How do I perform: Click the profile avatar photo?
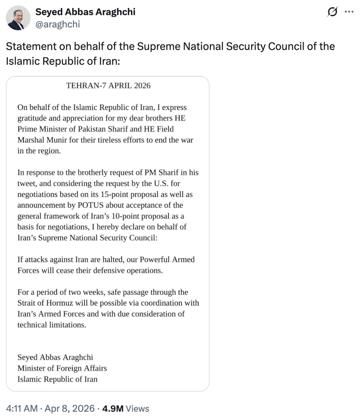tap(18, 18)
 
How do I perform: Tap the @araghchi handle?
tap(58, 24)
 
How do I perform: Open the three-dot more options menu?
tap(349, 12)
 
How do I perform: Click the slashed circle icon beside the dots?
tap(332, 12)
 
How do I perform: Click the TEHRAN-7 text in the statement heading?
tap(86, 86)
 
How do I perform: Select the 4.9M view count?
tap(113, 408)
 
